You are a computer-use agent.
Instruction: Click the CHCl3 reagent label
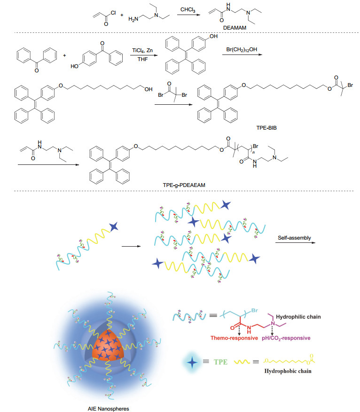pos(188,10)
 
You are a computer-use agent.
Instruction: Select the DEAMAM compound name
pos(235,28)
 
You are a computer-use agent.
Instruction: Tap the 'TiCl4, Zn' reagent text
pos(142,50)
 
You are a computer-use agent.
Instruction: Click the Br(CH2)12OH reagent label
pos(242,49)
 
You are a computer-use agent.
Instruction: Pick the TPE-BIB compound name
pos(266,128)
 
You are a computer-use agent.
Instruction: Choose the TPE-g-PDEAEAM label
pos(184,185)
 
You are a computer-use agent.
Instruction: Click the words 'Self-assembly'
pos(294,238)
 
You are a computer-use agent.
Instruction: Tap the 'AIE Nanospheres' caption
pos(108,409)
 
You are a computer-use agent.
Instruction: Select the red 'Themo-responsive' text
pos(234,338)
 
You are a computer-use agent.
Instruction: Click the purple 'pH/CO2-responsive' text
pos(286,338)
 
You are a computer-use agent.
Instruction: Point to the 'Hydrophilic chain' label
pos(298,317)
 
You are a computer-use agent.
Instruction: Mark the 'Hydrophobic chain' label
pos(288,371)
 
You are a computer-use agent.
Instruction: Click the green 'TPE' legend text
pos(220,362)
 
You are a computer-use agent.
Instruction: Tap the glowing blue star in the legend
pos(192,362)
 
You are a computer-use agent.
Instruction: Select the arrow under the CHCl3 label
pos(188,15)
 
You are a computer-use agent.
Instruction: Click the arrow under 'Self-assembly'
pos(295,242)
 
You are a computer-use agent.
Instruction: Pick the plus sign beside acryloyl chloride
pos(122,15)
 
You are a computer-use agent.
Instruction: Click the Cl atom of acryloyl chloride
pos(113,13)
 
